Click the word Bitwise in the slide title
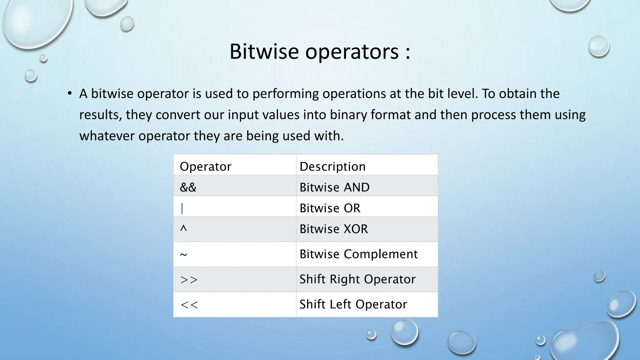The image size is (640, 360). point(264,51)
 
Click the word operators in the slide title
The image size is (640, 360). point(352,52)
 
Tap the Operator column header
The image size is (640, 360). point(205,166)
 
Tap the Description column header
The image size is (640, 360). point(332,166)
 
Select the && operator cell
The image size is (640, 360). point(188,187)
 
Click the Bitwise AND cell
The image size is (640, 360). point(334,187)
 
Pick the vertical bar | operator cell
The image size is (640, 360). point(182,208)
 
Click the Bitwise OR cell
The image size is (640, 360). point(330,208)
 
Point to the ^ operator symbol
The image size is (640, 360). point(183,229)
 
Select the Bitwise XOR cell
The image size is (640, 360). point(333,229)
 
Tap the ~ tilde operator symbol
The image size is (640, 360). point(183,254)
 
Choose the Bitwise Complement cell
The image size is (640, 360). point(358,254)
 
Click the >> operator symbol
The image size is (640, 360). point(189,279)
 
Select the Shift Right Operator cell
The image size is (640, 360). point(357,279)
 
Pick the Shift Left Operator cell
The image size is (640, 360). point(353,304)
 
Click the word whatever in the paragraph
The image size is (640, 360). point(107,136)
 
